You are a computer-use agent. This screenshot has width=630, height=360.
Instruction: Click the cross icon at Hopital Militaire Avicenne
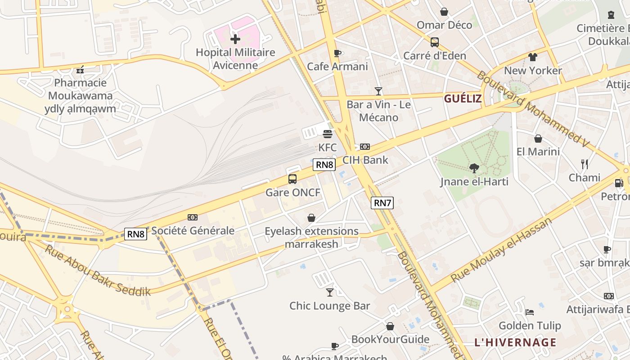235,39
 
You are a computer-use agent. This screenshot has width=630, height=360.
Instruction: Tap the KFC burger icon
328,134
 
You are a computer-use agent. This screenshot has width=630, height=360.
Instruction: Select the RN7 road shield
382,203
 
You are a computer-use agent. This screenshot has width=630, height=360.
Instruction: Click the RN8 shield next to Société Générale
135,234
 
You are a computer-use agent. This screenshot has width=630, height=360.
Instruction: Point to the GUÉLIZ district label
463,99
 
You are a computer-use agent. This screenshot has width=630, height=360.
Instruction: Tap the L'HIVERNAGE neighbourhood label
515,342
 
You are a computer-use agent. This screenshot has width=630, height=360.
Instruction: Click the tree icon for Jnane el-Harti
474,168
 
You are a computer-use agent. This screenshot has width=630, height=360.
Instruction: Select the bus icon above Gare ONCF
292,179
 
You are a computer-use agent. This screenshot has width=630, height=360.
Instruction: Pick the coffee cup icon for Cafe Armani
337,53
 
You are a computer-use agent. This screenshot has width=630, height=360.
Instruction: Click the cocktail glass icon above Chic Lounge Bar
330,292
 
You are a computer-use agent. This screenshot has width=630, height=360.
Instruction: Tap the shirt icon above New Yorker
533,57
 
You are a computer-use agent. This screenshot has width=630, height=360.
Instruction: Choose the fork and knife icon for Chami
584,164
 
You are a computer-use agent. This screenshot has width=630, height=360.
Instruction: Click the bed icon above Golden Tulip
530,312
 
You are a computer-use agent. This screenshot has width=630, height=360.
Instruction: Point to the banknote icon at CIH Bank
365,147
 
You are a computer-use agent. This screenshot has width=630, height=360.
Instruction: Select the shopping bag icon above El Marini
538,139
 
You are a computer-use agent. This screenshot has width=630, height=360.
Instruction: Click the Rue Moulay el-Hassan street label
501,250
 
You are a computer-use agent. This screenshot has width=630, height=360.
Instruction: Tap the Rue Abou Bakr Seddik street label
97,270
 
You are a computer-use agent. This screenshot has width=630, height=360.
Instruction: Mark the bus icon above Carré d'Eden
434,42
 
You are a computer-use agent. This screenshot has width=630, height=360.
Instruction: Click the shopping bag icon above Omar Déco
444,12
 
